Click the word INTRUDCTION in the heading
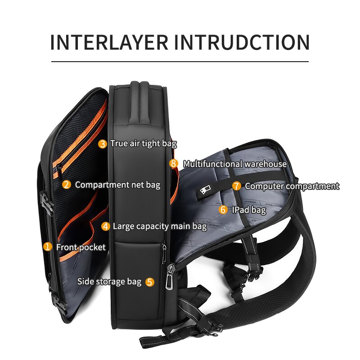click(242, 41)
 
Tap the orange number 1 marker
click(47, 247)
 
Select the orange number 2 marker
click(66, 184)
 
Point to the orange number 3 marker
click(103, 144)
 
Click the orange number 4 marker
click(105, 226)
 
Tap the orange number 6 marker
click(223, 210)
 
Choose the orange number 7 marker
click(237, 186)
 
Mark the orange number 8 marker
click(174, 164)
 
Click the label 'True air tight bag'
click(144, 144)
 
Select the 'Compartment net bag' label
click(117, 184)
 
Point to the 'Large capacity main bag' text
click(160, 226)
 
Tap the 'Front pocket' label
click(81, 247)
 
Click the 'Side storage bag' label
click(109, 282)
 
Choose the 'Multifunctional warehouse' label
click(234, 164)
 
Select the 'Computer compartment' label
click(292, 186)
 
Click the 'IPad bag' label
click(249, 210)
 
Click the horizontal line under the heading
click(180, 61)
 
